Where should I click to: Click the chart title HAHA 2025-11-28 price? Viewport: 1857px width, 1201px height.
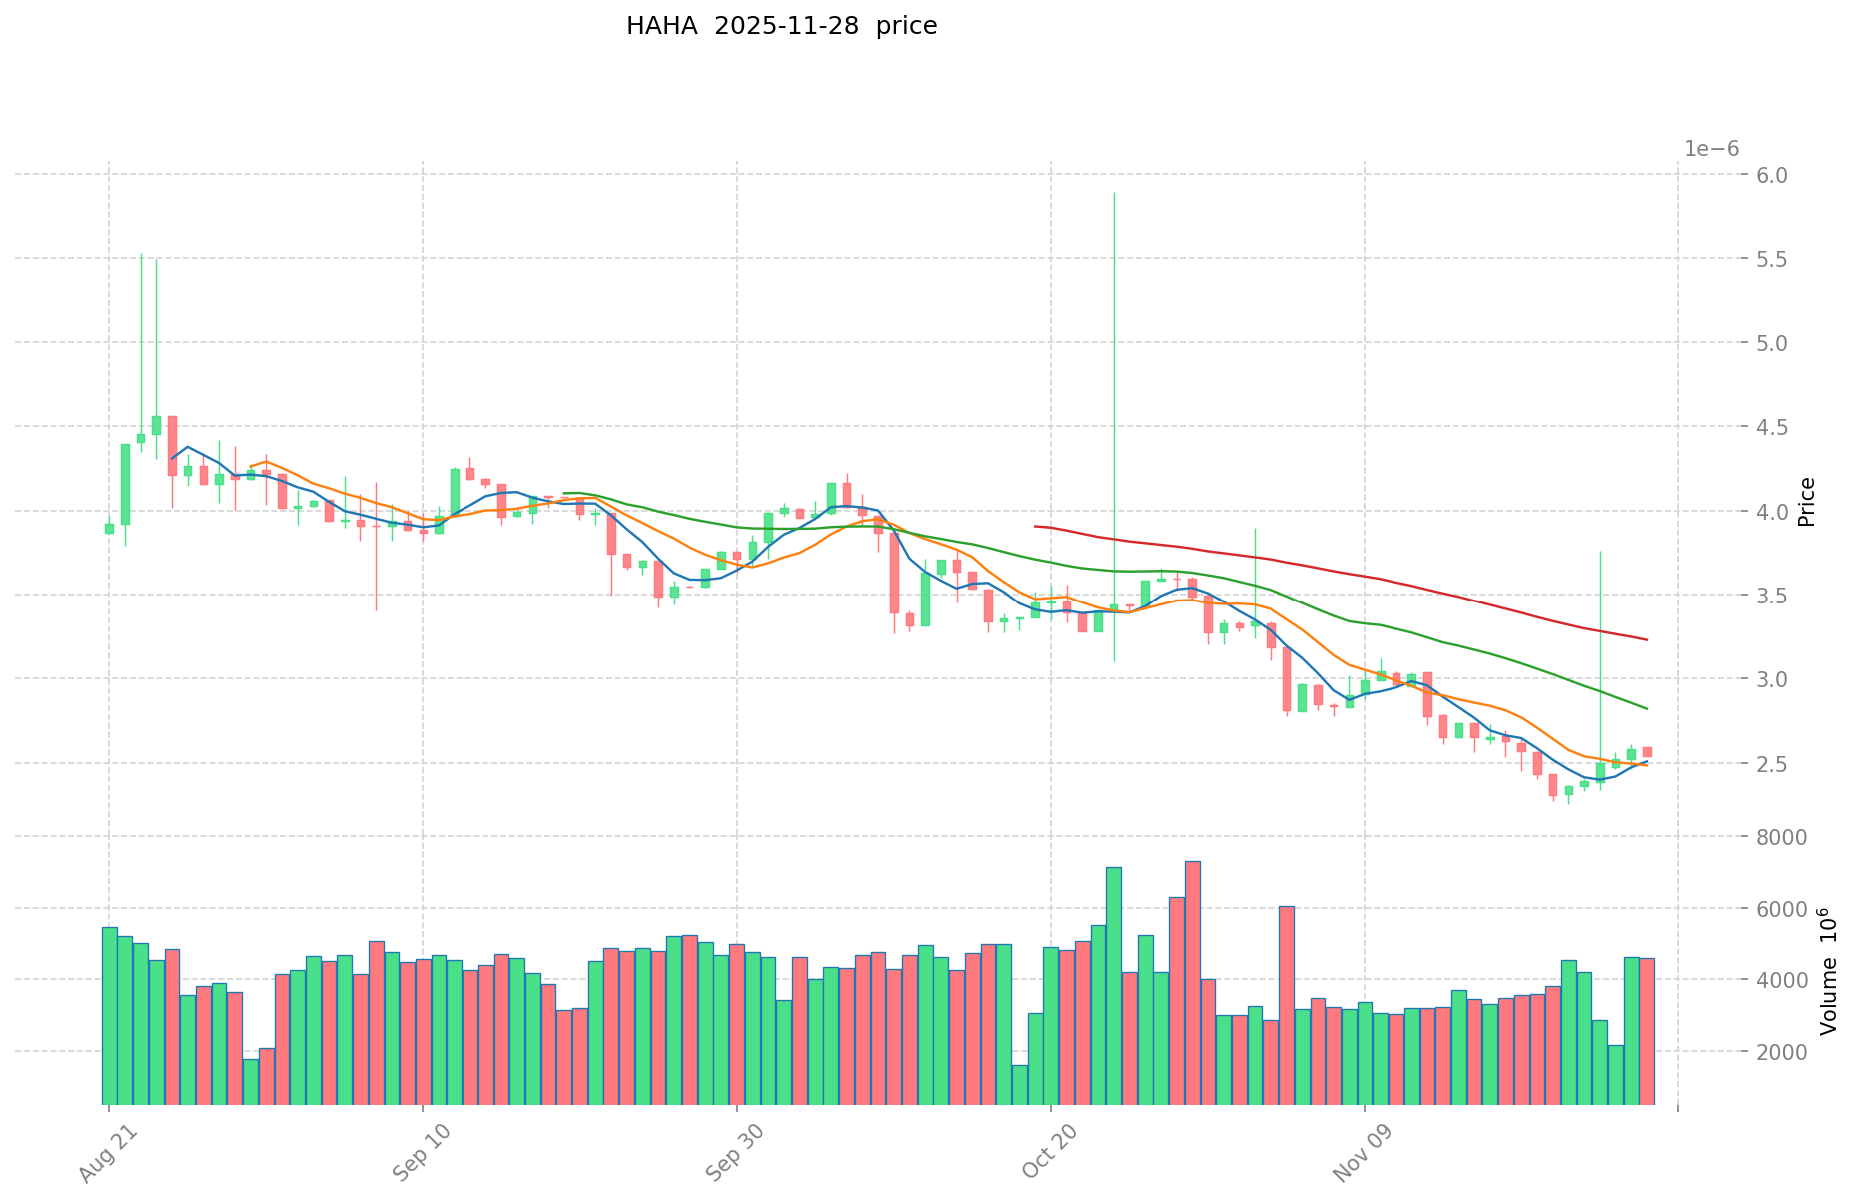tap(781, 27)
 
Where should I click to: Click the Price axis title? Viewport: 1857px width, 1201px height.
tap(1806, 502)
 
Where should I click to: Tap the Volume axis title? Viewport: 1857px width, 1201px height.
tap(1827, 971)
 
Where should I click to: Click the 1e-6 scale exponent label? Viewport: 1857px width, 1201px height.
tap(1711, 149)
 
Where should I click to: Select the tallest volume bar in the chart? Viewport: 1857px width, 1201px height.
tap(1192, 982)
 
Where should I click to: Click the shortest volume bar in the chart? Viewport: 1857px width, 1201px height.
tap(1019, 1084)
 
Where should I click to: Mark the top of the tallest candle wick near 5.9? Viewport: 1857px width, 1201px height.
tap(1114, 193)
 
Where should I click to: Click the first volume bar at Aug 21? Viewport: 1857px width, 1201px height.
tap(109, 1015)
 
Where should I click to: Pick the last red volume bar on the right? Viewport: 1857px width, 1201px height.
tap(1647, 1030)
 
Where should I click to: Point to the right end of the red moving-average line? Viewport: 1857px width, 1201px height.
tap(1647, 639)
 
